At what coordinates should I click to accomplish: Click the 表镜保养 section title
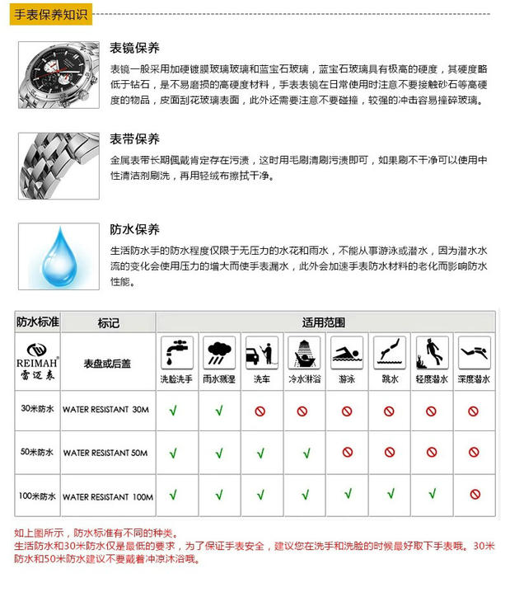pyautogui.click(x=134, y=47)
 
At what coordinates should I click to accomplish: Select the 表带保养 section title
pyautogui.click(x=134, y=138)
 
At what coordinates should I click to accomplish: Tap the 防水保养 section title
pyautogui.click(x=134, y=228)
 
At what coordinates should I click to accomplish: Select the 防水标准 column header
pyautogui.click(x=38, y=322)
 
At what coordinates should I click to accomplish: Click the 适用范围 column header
pyautogui.click(x=324, y=322)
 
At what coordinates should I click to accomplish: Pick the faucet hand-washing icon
pyautogui.click(x=175, y=352)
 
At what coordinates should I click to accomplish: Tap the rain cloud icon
pyautogui.click(x=218, y=352)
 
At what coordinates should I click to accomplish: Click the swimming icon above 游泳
pyautogui.click(x=347, y=352)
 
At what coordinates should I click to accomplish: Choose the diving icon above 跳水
pyautogui.click(x=389, y=352)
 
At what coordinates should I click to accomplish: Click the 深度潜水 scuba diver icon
pyautogui.click(x=474, y=352)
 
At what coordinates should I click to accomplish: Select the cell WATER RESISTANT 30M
pyautogui.click(x=106, y=409)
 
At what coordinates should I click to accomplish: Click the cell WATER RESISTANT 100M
pyautogui.click(x=108, y=496)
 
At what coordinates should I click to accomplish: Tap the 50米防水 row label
pyautogui.click(x=37, y=453)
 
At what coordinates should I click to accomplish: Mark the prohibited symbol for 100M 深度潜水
pyautogui.click(x=474, y=495)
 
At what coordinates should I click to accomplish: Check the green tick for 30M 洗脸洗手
pyautogui.click(x=174, y=410)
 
